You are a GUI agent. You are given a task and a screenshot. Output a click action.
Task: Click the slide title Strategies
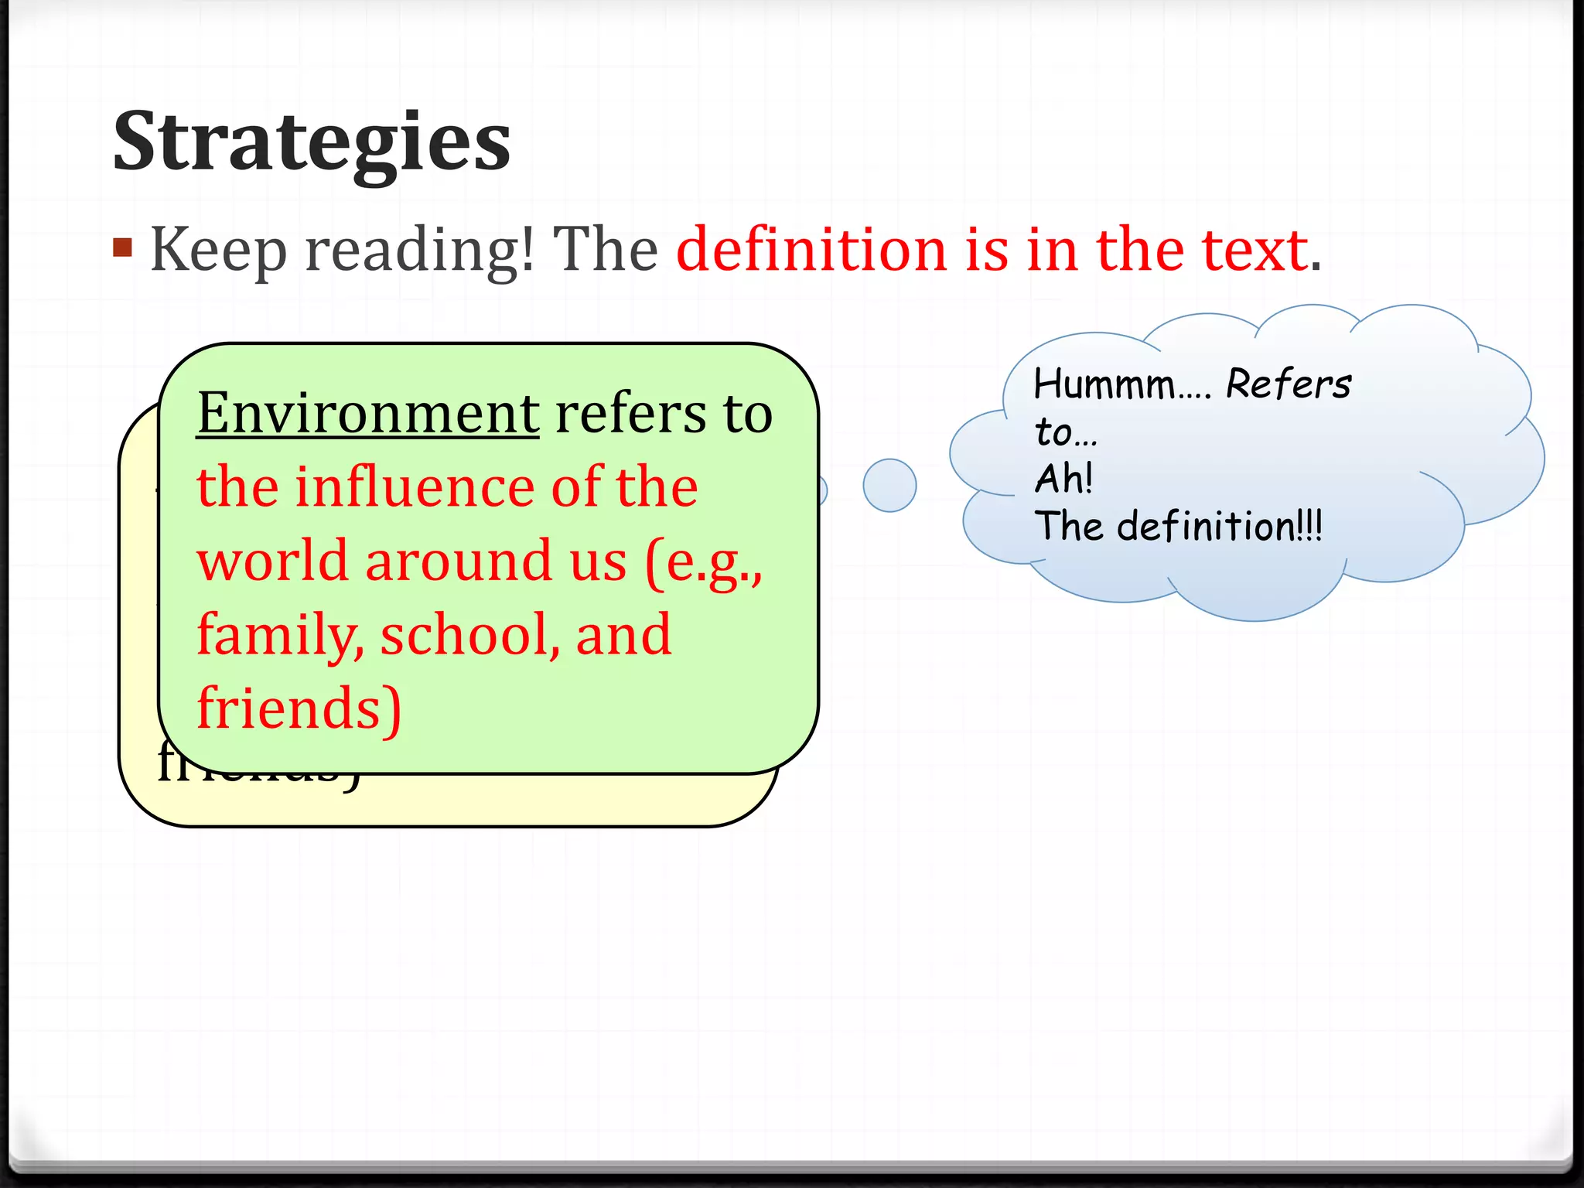click(311, 143)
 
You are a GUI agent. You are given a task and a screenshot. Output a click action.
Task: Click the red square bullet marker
click(123, 247)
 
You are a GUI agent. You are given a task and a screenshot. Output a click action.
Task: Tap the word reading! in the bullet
click(419, 251)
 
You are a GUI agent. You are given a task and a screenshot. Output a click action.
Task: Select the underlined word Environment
click(367, 413)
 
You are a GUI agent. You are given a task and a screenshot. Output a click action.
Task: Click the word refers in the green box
click(630, 413)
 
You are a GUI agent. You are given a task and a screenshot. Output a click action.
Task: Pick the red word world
click(272, 561)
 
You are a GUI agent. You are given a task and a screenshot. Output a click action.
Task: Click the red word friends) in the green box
click(299, 708)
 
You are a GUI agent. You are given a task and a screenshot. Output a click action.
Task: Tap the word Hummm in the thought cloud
click(1104, 384)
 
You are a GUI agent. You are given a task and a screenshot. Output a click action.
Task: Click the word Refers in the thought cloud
click(1289, 384)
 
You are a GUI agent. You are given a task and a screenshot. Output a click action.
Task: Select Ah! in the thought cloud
click(1064, 479)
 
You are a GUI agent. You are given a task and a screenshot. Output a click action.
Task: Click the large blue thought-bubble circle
click(889, 485)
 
